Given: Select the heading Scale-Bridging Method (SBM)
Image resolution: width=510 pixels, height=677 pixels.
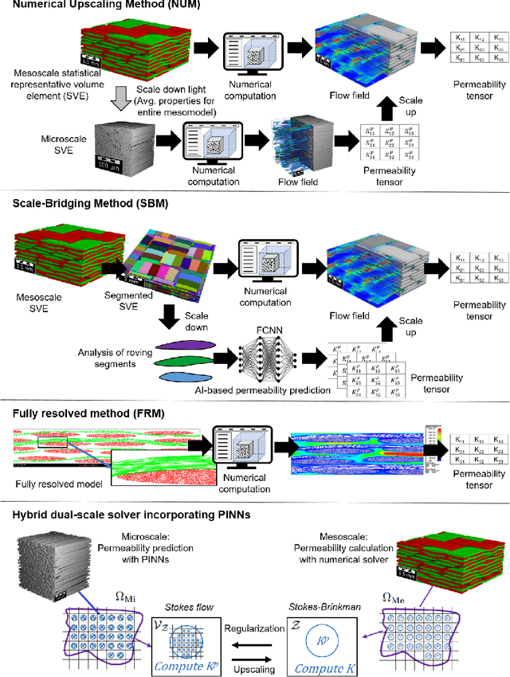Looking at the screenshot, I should point(96,203).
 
